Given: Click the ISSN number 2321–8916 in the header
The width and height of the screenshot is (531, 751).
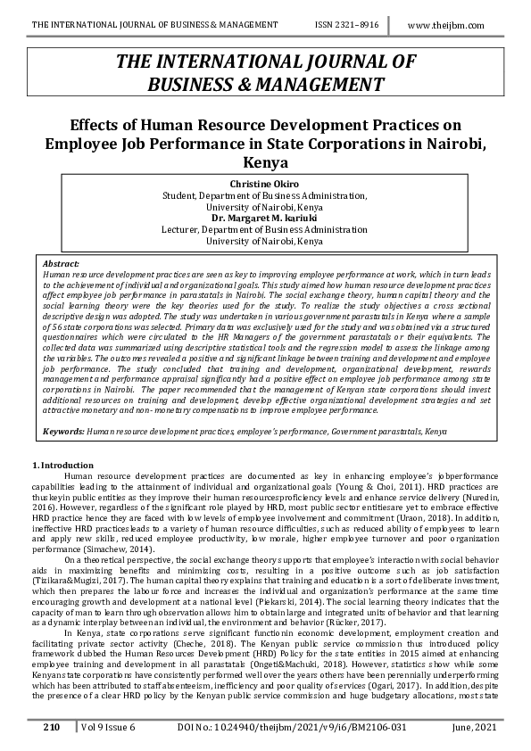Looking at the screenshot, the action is point(344,28).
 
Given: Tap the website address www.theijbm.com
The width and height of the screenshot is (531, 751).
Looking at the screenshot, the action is point(447,28).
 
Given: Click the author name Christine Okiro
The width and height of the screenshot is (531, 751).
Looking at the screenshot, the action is point(265,183).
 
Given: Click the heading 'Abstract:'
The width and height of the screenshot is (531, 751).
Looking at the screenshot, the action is point(61,263).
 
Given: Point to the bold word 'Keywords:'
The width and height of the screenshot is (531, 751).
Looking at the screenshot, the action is point(63,431).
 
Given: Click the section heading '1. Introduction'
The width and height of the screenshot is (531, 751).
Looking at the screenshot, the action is point(62,466).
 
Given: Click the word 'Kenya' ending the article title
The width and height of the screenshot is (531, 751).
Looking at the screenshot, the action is point(265,163).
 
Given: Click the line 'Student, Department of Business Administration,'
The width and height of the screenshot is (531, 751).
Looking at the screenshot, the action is point(265,194).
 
